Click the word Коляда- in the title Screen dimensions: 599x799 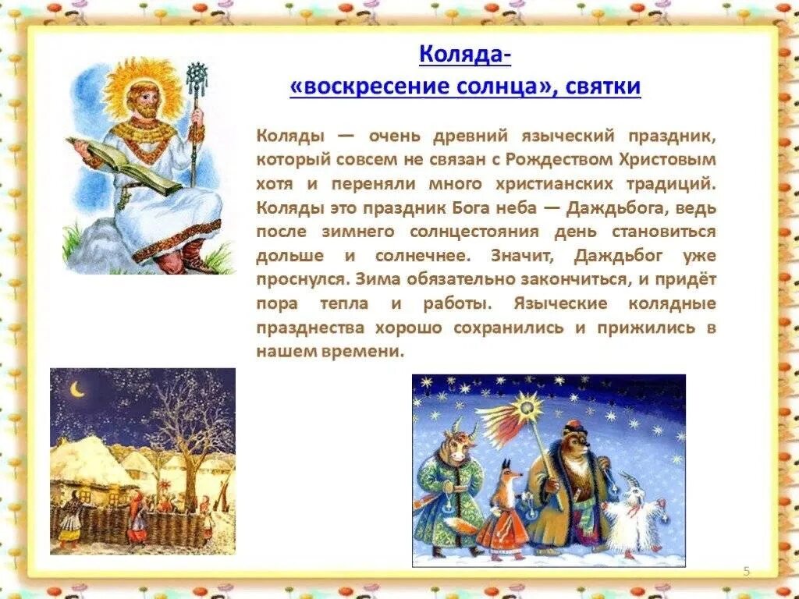(x=465, y=55)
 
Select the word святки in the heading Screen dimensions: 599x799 (x=600, y=87)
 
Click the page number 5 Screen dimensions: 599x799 (x=746, y=572)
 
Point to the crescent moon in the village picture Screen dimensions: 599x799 (x=77, y=388)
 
